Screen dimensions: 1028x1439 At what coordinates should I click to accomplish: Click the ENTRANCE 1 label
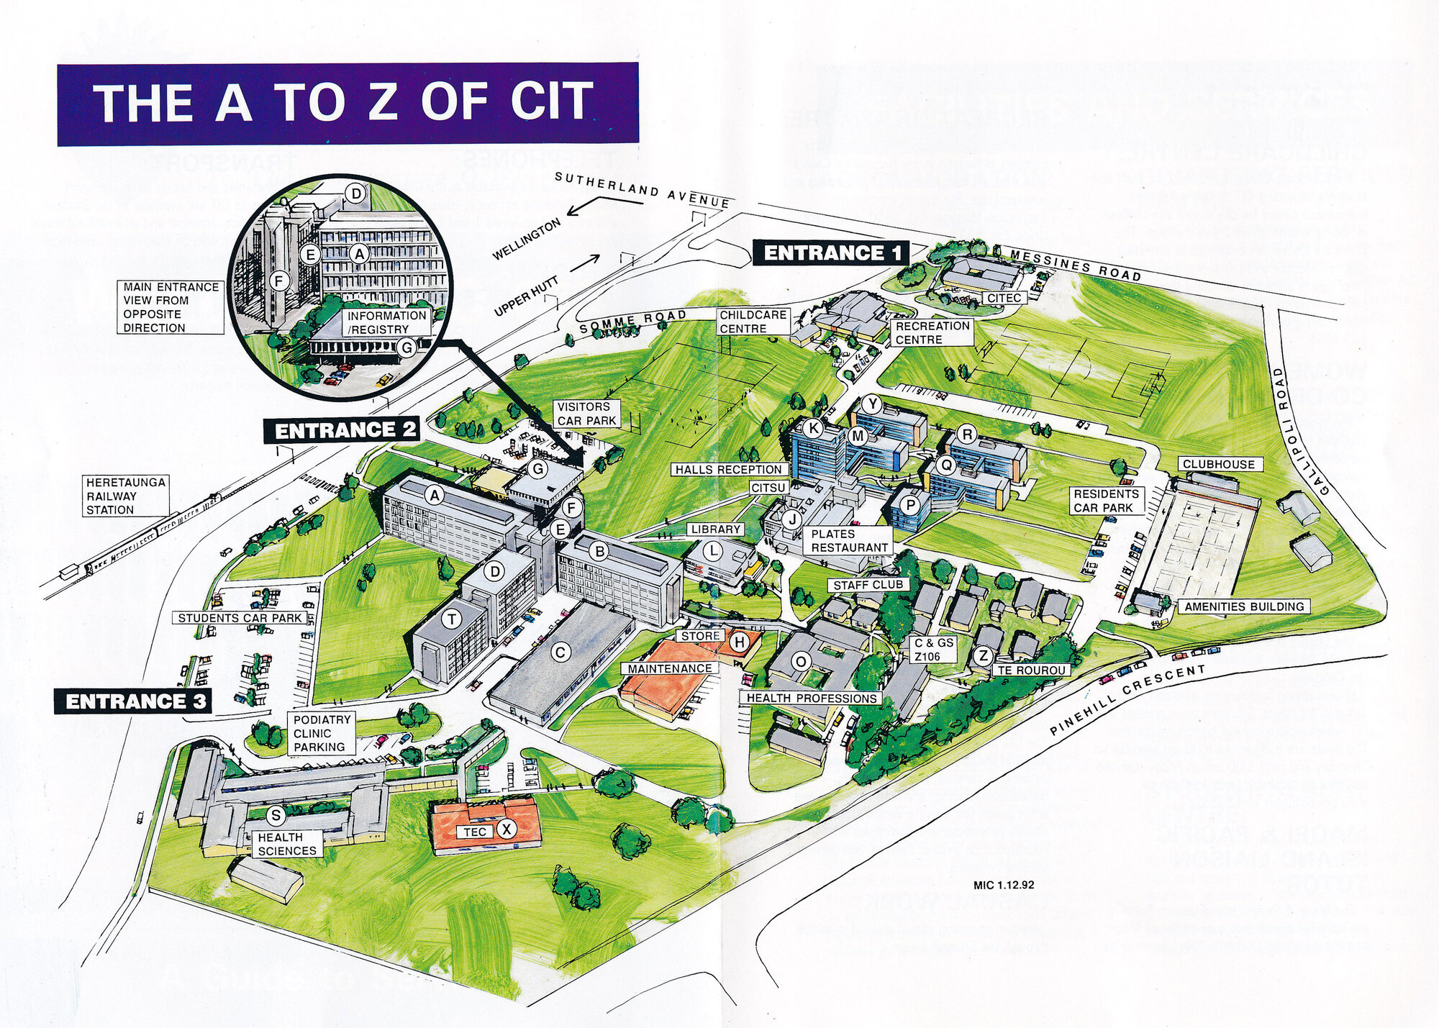point(831,253)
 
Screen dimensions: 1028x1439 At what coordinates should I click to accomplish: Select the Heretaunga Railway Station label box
point(126,496)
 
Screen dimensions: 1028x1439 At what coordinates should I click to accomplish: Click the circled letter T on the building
point(452,619)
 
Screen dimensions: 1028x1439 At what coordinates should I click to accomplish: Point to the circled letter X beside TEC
point(507,829)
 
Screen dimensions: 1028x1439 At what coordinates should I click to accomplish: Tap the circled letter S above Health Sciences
point(276,816)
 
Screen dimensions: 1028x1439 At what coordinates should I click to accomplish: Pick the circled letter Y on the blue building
point(872,404)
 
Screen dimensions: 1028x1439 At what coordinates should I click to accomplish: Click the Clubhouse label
point(1218,465)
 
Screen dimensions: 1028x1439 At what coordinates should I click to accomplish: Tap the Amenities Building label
point(1244,606)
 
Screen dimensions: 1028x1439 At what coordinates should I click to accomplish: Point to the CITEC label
point(1004,298)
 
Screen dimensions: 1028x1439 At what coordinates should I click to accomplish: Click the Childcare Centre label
point(753,322)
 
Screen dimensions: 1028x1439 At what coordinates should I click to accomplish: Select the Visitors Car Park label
point(586,414)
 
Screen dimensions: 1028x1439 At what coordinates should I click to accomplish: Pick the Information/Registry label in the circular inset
point(387,322)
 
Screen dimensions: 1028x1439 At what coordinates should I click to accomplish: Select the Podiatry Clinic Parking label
point(322,733)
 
